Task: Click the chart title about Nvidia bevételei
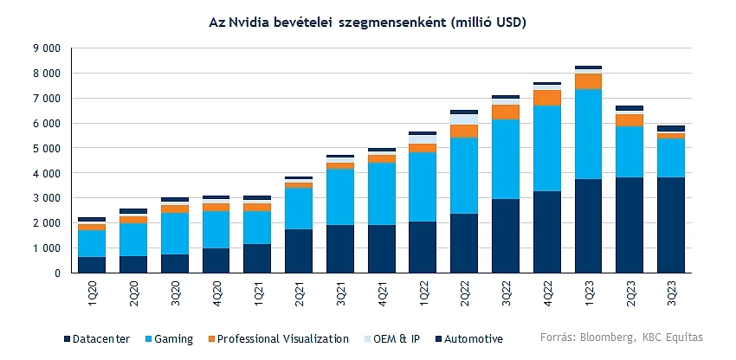coord(368,22)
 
